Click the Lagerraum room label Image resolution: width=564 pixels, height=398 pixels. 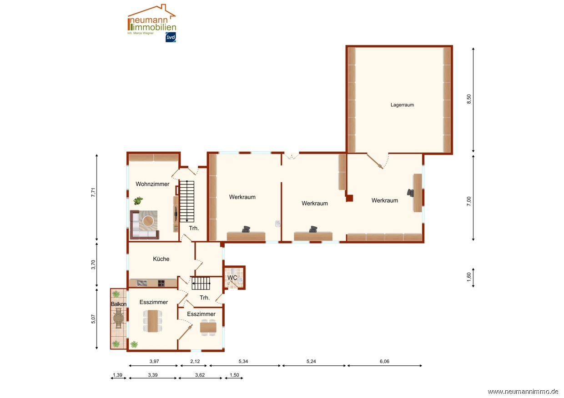(402, 105)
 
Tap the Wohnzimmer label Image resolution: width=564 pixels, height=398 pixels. (152, 184)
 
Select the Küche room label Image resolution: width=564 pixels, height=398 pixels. (161, 259)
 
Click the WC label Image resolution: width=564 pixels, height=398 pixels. (232, 278)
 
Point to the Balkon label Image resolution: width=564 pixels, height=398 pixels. (119, 304)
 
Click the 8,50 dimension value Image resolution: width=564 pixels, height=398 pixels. (469, 99)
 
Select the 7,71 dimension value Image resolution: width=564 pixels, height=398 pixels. (93, 193)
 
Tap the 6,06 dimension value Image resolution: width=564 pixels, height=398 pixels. (384, 361)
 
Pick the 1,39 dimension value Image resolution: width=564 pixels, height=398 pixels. (118, 375)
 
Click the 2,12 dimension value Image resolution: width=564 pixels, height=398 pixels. (195, 361)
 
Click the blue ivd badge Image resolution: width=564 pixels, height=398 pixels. (171, 37)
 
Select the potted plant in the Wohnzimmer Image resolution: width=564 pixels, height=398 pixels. (138, 200)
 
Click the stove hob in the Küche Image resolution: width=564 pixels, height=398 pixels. (161, 283)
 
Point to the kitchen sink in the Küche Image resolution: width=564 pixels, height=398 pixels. (142, 283)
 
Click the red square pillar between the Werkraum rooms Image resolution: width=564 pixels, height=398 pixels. (349, 198)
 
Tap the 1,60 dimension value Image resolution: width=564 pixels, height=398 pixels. (469, 277)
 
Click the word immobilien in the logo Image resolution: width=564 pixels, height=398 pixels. (154, 27)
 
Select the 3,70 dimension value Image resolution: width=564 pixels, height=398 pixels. (93, 265)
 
